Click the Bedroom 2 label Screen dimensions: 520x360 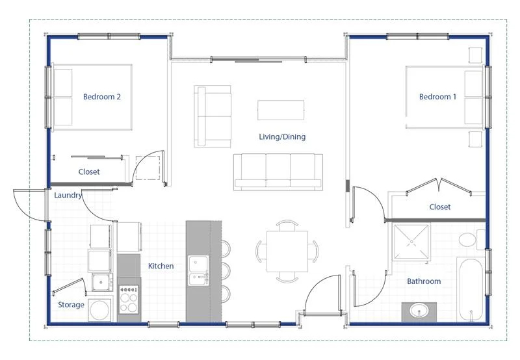(x=102, y=97)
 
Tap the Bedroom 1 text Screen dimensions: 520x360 (x=437, y=97)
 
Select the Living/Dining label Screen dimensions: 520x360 (x=282, y=136)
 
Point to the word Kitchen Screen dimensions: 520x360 (x=161, y=266)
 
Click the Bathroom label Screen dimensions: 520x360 (x=424, y=281)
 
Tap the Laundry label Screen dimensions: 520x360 (x=68, y=195)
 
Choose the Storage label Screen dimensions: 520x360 (x=71, y=305)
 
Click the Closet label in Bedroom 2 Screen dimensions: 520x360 (x=89, y=172)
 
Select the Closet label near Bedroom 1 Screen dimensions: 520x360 (x=440, y=207)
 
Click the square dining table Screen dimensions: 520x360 (x=287, y=251)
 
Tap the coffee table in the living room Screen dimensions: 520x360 (x=281, y=110)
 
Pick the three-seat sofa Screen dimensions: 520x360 (x=278, y=172)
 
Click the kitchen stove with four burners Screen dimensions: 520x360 (x=129, y=299)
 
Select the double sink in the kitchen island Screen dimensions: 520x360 (x=199, y=270)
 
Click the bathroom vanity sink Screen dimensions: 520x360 (x=419, y=312)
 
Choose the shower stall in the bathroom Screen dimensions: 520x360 (x=411, y=242)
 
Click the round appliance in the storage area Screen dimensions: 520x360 (x=99, y=310)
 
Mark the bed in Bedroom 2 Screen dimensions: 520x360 (x=92, y=97)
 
